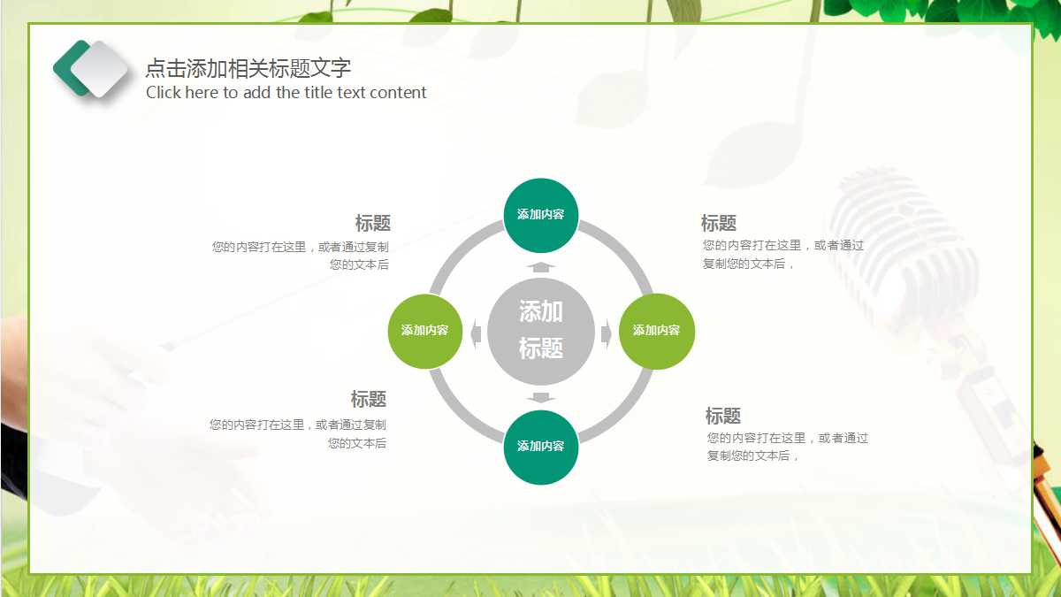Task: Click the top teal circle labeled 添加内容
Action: point(540,215)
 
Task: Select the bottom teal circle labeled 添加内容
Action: point(540,447)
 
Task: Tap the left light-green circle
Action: point(424,331)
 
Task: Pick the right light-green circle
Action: point(656,331)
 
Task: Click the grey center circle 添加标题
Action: point(540,331)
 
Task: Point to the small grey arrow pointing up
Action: point(540,266)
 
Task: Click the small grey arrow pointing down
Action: point(540,397)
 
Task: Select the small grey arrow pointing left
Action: point(476,333)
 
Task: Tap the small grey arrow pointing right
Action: point(607,333)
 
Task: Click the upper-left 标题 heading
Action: point(372,224)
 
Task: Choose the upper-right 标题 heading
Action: point(718,224)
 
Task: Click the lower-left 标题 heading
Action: point(368,400)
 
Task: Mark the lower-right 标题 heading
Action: point(722,416)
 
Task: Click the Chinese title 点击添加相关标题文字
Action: point(248,68)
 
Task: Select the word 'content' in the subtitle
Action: point(398,93)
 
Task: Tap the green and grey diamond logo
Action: point(91,69)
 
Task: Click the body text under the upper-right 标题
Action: point(782,255)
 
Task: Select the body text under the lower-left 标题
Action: point(298,434)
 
